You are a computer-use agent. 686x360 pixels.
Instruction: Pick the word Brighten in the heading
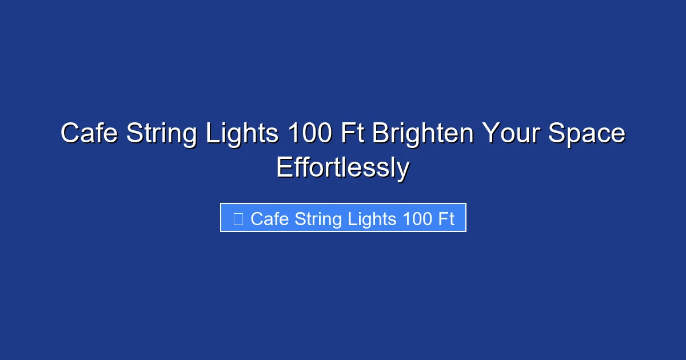tap(423, 134)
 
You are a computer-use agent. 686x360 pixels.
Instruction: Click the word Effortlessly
tap(342, 168)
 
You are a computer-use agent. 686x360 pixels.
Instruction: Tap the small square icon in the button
tap(238, 219)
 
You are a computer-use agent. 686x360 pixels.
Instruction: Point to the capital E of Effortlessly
tap(284, 168)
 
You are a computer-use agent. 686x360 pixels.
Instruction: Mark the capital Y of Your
tap(490, 134)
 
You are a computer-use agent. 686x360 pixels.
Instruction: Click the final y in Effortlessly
tap(404, 170)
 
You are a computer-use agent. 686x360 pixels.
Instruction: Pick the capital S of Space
tap(557, 134)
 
